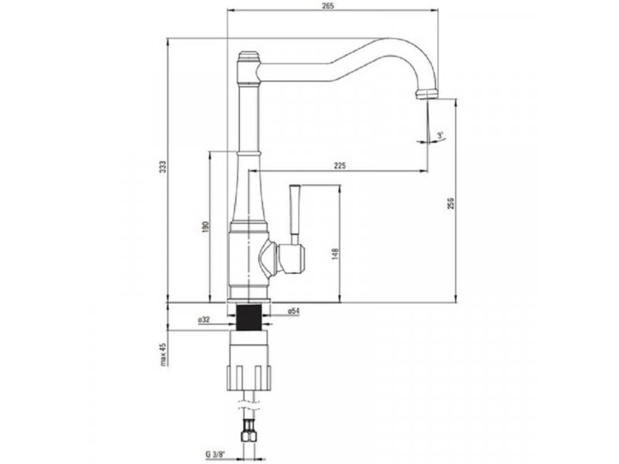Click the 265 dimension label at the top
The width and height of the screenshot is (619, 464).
tap(328, 6)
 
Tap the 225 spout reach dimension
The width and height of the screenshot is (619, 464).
tap(340, 165)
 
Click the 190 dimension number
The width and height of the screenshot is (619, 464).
tap(205, 227)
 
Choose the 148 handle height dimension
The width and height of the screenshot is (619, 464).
tap(335, 254)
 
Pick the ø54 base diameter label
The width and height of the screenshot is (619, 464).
tap(293, 311)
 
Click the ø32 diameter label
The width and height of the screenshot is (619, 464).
tap(203, 320)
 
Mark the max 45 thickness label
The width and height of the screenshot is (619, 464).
tap(163, 354)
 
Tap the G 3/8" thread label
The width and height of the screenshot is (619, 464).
tap(215, 454)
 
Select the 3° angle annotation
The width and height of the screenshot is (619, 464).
tap(440, 135)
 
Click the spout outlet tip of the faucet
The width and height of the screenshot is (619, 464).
tap(426, 94)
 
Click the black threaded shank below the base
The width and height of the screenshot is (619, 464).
tap(249, 317)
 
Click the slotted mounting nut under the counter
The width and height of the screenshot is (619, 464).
tap(249, 378)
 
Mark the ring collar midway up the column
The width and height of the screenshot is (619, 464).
tap(249, 153)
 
